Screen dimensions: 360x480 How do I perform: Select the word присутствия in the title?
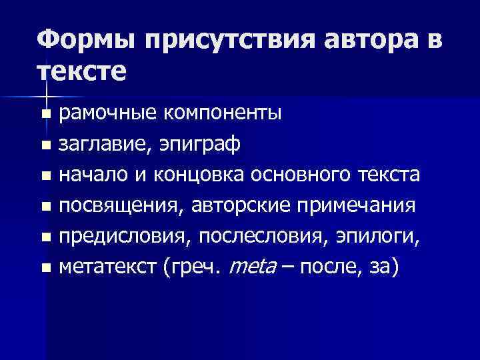(227, 42)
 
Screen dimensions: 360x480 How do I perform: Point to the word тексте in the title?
(81, 71)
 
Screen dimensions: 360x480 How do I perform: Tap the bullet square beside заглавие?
(45, 145)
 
